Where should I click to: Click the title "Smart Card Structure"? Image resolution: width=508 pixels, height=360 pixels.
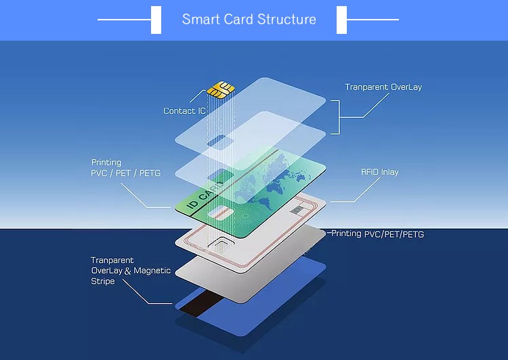(249, 19)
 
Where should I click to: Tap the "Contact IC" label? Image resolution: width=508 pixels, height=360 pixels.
(184, 111)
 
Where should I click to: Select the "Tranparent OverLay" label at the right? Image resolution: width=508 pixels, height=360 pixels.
(383, 87)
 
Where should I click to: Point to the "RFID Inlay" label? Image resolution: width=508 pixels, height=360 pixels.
(379, 172)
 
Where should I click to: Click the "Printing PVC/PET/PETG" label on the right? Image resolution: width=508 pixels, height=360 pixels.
(378, 234)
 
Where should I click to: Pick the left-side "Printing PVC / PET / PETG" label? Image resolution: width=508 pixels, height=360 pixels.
(126, 168)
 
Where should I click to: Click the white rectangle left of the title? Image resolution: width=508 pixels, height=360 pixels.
(156, 19)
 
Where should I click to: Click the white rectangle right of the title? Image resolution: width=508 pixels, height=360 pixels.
(342, 19)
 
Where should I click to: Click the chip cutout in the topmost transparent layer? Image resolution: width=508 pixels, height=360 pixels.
(217, 141)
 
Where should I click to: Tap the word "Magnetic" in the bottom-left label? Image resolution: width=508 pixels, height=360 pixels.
(152, 271)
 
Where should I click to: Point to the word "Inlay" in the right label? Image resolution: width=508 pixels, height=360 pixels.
(389, 172)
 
